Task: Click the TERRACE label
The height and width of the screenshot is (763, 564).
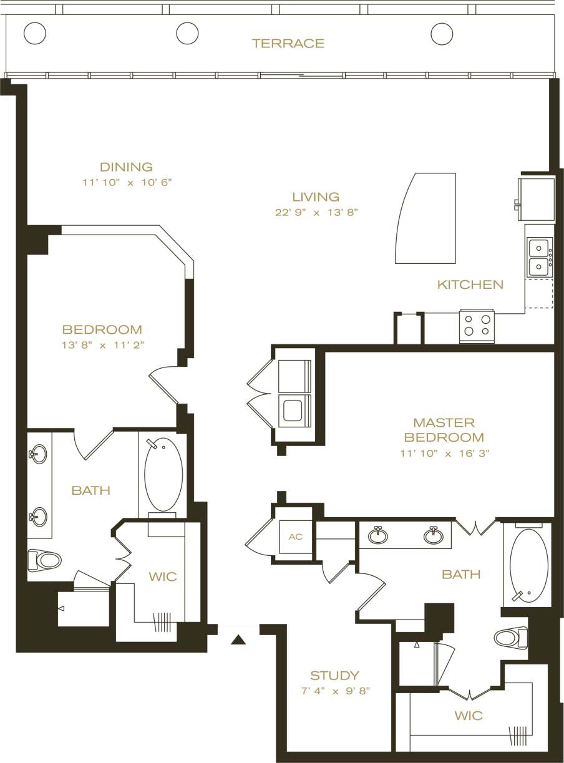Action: (288, 43)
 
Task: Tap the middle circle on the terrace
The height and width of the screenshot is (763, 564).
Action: (187, 33)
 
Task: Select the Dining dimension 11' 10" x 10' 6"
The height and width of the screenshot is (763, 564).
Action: (126, 183)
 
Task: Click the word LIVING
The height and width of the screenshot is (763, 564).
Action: (316, 197)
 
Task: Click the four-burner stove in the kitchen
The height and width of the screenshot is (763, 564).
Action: (477, 325)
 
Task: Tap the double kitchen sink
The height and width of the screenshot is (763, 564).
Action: (538, 257)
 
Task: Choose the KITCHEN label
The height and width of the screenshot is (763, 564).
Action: (470, 284)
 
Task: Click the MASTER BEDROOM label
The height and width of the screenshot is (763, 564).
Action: (444, 430)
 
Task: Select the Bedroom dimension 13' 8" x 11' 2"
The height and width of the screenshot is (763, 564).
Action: (102, 345)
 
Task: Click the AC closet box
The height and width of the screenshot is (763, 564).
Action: (295, 537)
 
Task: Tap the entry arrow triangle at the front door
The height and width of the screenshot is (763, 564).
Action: (238, 639)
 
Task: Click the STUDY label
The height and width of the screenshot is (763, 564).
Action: (334, 675)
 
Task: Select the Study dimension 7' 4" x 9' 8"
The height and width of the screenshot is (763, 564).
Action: (334, 691)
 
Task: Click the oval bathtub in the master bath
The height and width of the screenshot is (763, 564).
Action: (528, 565)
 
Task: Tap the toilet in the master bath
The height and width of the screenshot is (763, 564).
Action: (511, 638)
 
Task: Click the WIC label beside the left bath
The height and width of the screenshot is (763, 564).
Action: (162, 576)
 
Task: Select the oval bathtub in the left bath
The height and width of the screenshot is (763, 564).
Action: (163, 474)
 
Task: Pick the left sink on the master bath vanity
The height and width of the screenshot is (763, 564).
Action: (377, 535)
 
